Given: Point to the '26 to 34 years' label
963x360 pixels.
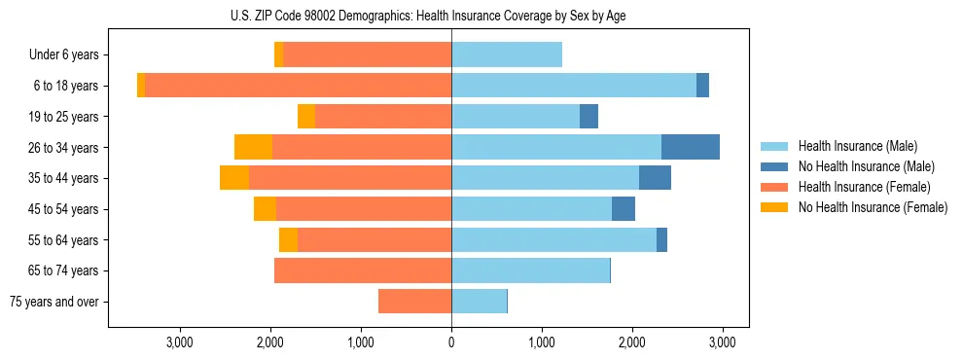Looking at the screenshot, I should point(64,148).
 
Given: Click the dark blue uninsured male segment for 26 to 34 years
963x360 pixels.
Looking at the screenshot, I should point(690,148).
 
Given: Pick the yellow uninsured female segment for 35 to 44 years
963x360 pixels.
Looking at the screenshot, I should point(234,178).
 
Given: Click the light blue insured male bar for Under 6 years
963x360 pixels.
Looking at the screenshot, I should point(506,55).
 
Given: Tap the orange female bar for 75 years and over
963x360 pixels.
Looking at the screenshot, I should point(414,302).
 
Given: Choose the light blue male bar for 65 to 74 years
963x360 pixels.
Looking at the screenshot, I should point(530,270).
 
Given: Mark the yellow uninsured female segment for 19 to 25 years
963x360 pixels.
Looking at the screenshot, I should point(306,117).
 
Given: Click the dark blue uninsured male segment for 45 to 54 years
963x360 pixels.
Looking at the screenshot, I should point(623,209).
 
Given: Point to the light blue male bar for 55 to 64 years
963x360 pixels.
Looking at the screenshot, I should point(553,240).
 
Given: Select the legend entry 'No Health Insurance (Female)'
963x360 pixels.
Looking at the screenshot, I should point(873,207).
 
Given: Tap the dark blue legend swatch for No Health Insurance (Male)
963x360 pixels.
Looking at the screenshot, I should point(774,166).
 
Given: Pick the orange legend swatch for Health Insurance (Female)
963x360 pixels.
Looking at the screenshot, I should point(774,187).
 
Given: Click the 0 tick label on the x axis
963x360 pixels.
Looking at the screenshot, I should point(451,342).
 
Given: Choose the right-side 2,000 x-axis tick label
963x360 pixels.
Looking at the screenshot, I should point(631,342).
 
